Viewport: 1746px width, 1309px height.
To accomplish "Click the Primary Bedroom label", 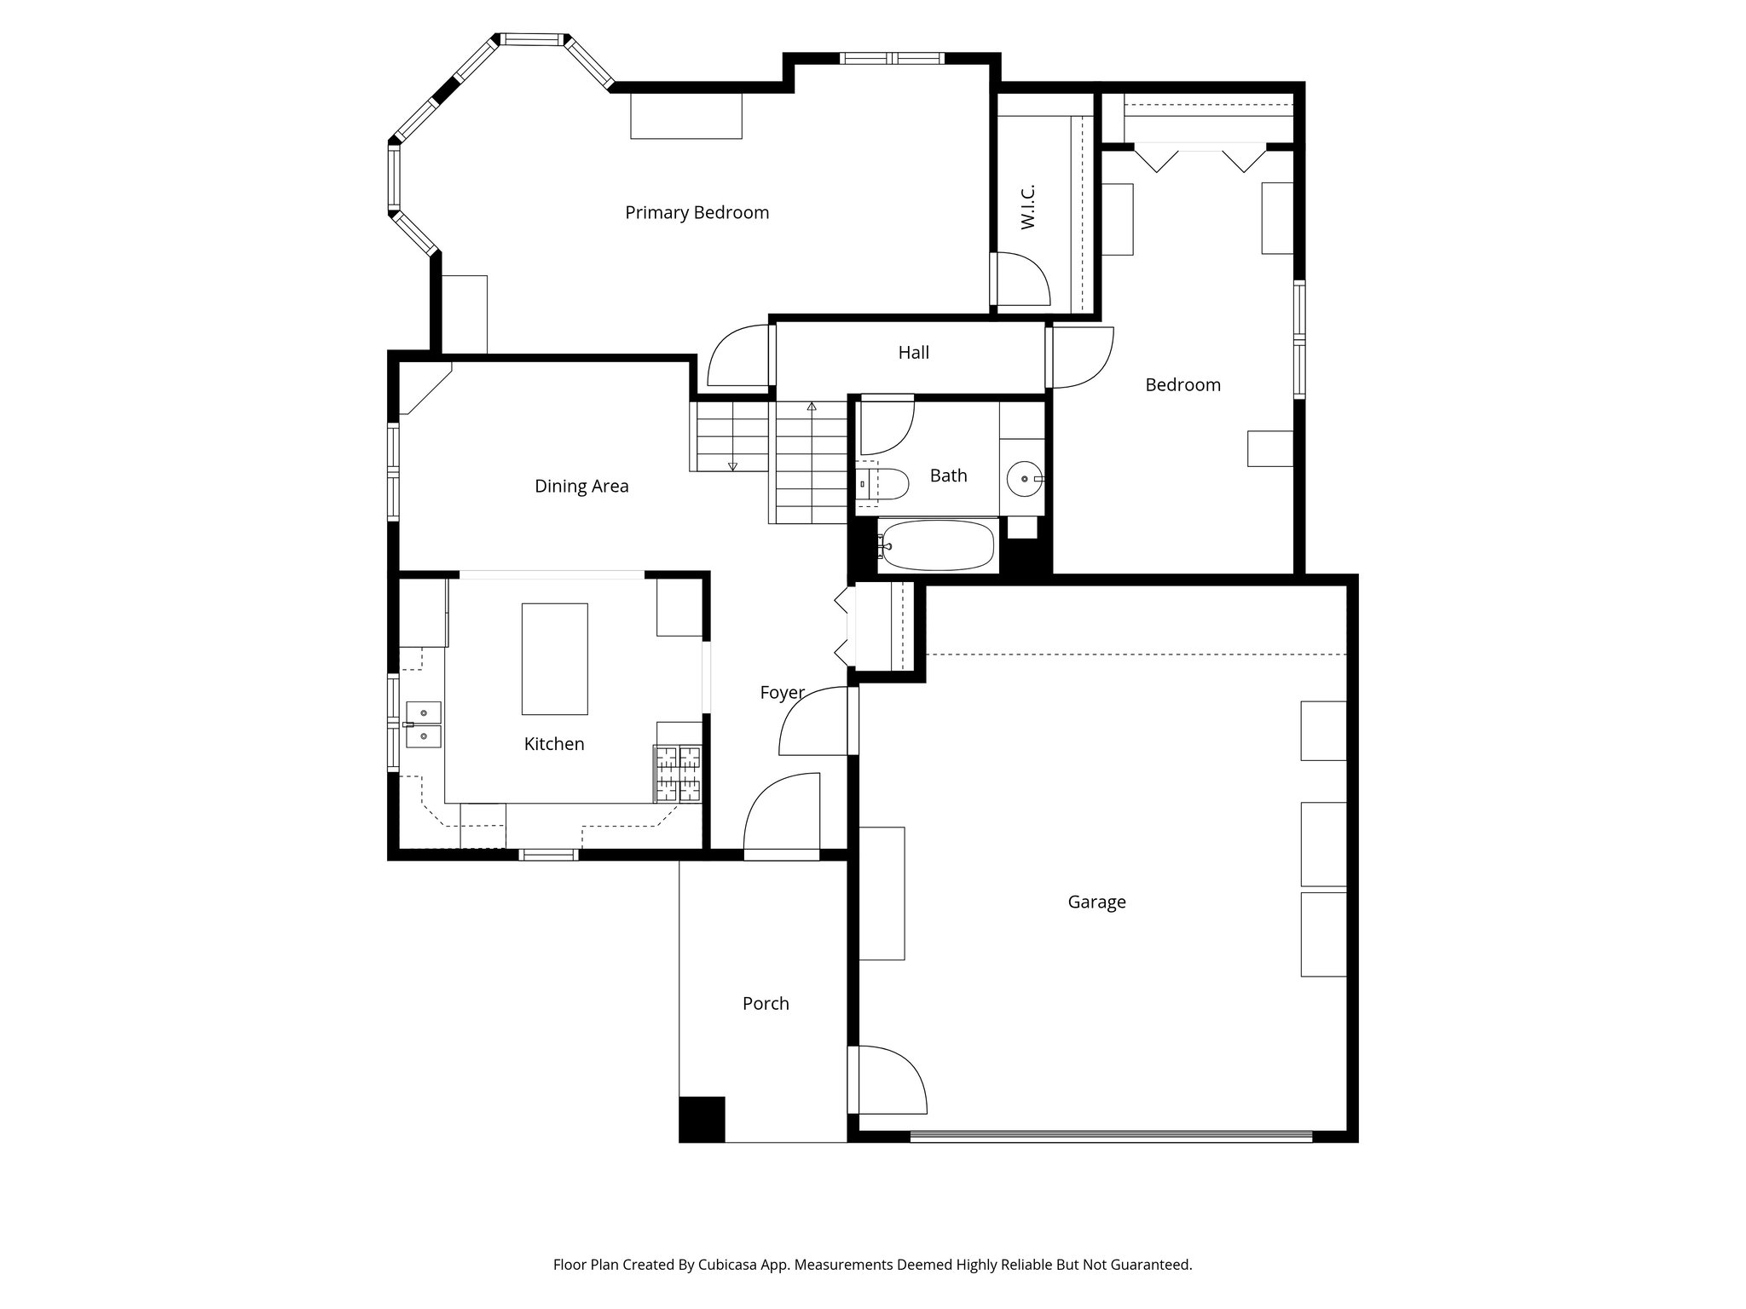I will [x=697, y=212].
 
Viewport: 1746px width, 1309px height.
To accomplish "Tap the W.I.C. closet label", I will [x=1027, y=206].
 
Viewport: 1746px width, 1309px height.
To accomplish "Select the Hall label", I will [x=913, y=353].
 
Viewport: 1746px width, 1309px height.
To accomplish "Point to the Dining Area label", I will [x=581, y=486].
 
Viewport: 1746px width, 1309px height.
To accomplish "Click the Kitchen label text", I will [x=553, y=744].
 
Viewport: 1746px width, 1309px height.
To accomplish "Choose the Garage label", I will [x=1096, y=902].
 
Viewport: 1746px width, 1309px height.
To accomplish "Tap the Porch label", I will [x=766, y=1004].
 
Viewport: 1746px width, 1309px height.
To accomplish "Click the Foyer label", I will [x=782, y=693].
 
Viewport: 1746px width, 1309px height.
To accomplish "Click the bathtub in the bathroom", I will [x=938, y=545].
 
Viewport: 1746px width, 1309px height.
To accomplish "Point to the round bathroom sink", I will [x=1021, y=479].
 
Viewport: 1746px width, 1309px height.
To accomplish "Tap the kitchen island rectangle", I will [x=554, y=659].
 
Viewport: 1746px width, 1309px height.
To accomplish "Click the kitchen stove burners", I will [x=678, y=774].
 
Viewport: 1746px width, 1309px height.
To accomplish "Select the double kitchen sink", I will [x=423, y=724].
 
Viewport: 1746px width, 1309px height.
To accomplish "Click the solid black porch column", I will [x=702, y=1119].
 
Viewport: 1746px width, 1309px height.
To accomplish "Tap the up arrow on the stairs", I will [x=812, y=407].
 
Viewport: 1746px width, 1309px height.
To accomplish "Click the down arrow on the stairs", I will [x=732, y=465].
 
